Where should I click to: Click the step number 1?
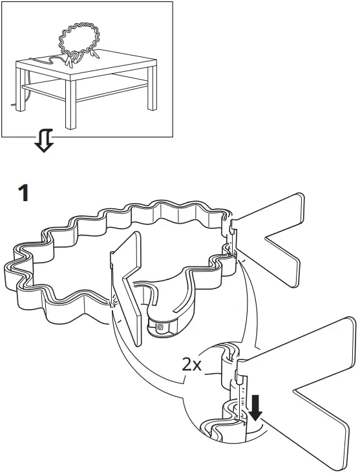point(24,192)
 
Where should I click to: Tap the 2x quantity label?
point(191,365)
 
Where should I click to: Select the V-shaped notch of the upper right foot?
point(275,242)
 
